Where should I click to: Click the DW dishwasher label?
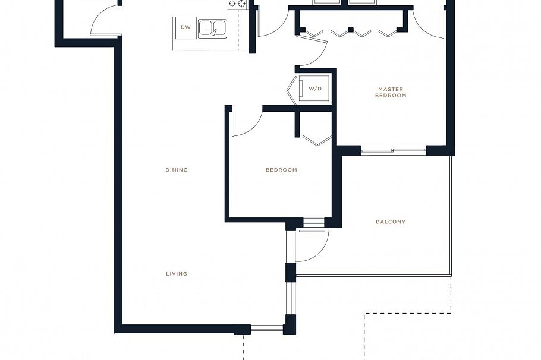click(x=186, y=27)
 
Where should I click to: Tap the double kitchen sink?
click(x=212, y=28)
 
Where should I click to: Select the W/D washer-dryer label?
click(x=315, y=89)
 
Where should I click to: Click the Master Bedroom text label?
click(x=391, y=92)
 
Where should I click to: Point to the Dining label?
click(x=177, y=170)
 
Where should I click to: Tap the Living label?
click(x=177, y=274)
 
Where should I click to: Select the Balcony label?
click(x=391, y=222)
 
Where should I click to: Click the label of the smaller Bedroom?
click(x=281, y=170)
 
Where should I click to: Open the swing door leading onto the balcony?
click(x=312, y=245)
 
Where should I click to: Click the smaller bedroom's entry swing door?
click(x=246, y=122)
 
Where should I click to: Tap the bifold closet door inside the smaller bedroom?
click(x=317, y=140)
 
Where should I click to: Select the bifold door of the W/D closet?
click(x=291, y=90)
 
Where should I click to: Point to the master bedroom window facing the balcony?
click(x=393, y=151)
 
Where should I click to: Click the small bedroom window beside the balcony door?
click(x=313, y=223)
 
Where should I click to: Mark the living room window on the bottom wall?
click(x=267, y=329)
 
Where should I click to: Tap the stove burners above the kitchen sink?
click(x=237, y=4)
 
